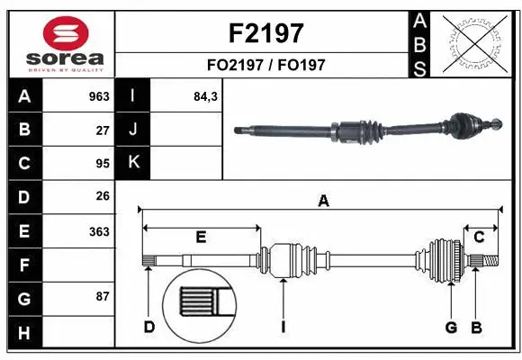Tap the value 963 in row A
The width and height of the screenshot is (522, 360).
[98, 96]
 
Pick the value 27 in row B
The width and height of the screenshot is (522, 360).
[102, 130]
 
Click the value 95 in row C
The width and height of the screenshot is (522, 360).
[102, 164]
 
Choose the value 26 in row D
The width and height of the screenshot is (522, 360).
[102, 197]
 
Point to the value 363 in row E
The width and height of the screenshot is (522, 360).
[98, 231]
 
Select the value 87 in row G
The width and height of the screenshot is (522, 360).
[102, 296]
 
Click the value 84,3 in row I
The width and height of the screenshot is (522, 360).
[206, 96]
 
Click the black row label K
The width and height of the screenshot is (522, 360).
[133, 163]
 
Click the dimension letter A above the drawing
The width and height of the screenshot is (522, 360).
[322, 202]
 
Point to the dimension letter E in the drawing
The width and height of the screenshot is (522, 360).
[201, 237]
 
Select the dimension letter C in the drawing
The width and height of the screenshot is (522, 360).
[480, 237]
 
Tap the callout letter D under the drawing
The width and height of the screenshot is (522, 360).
[148, 327]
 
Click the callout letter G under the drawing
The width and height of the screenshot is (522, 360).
[451, 327]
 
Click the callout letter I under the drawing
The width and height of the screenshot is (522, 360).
[283, 327]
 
